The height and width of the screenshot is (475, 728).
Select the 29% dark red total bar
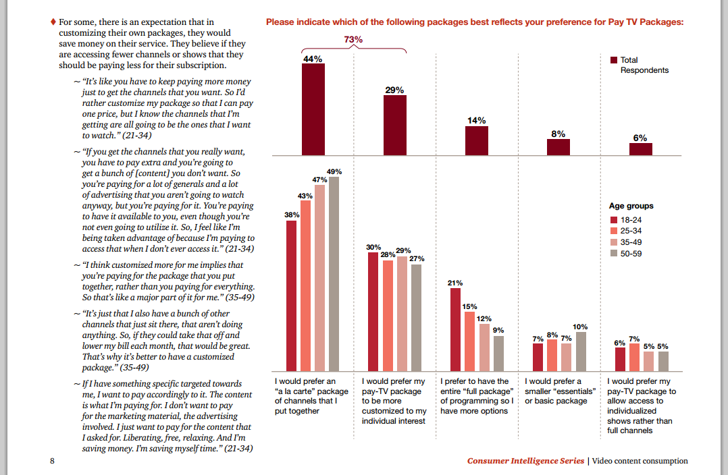click(395, 125)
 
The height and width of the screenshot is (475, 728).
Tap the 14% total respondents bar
click(476, 140)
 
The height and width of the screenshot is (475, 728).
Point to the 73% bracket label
click(353, 40)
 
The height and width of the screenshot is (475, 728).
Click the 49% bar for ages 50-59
click(334, 274)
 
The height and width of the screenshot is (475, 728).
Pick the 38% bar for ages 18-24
click(291, 296)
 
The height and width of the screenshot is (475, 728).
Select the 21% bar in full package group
click(454, 330)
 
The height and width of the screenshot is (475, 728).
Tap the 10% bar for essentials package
click(580, 352)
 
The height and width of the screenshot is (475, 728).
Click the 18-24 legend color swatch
click(614, 220)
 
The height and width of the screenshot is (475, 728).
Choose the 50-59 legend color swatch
click(614, 254)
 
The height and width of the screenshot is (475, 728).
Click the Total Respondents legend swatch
click(614, 60)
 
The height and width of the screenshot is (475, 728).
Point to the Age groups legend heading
click(631, 206)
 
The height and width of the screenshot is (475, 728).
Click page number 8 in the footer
click(52, 461)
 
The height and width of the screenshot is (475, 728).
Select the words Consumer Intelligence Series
click(525, 461)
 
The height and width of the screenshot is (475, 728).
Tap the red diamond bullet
click(53, 22)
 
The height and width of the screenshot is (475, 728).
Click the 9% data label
click(498, 330)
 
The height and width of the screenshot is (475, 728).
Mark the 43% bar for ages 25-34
click(305, 285)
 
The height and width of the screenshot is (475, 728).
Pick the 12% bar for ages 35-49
click(484, 347)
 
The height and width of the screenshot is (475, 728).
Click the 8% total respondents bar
click(558, 147)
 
